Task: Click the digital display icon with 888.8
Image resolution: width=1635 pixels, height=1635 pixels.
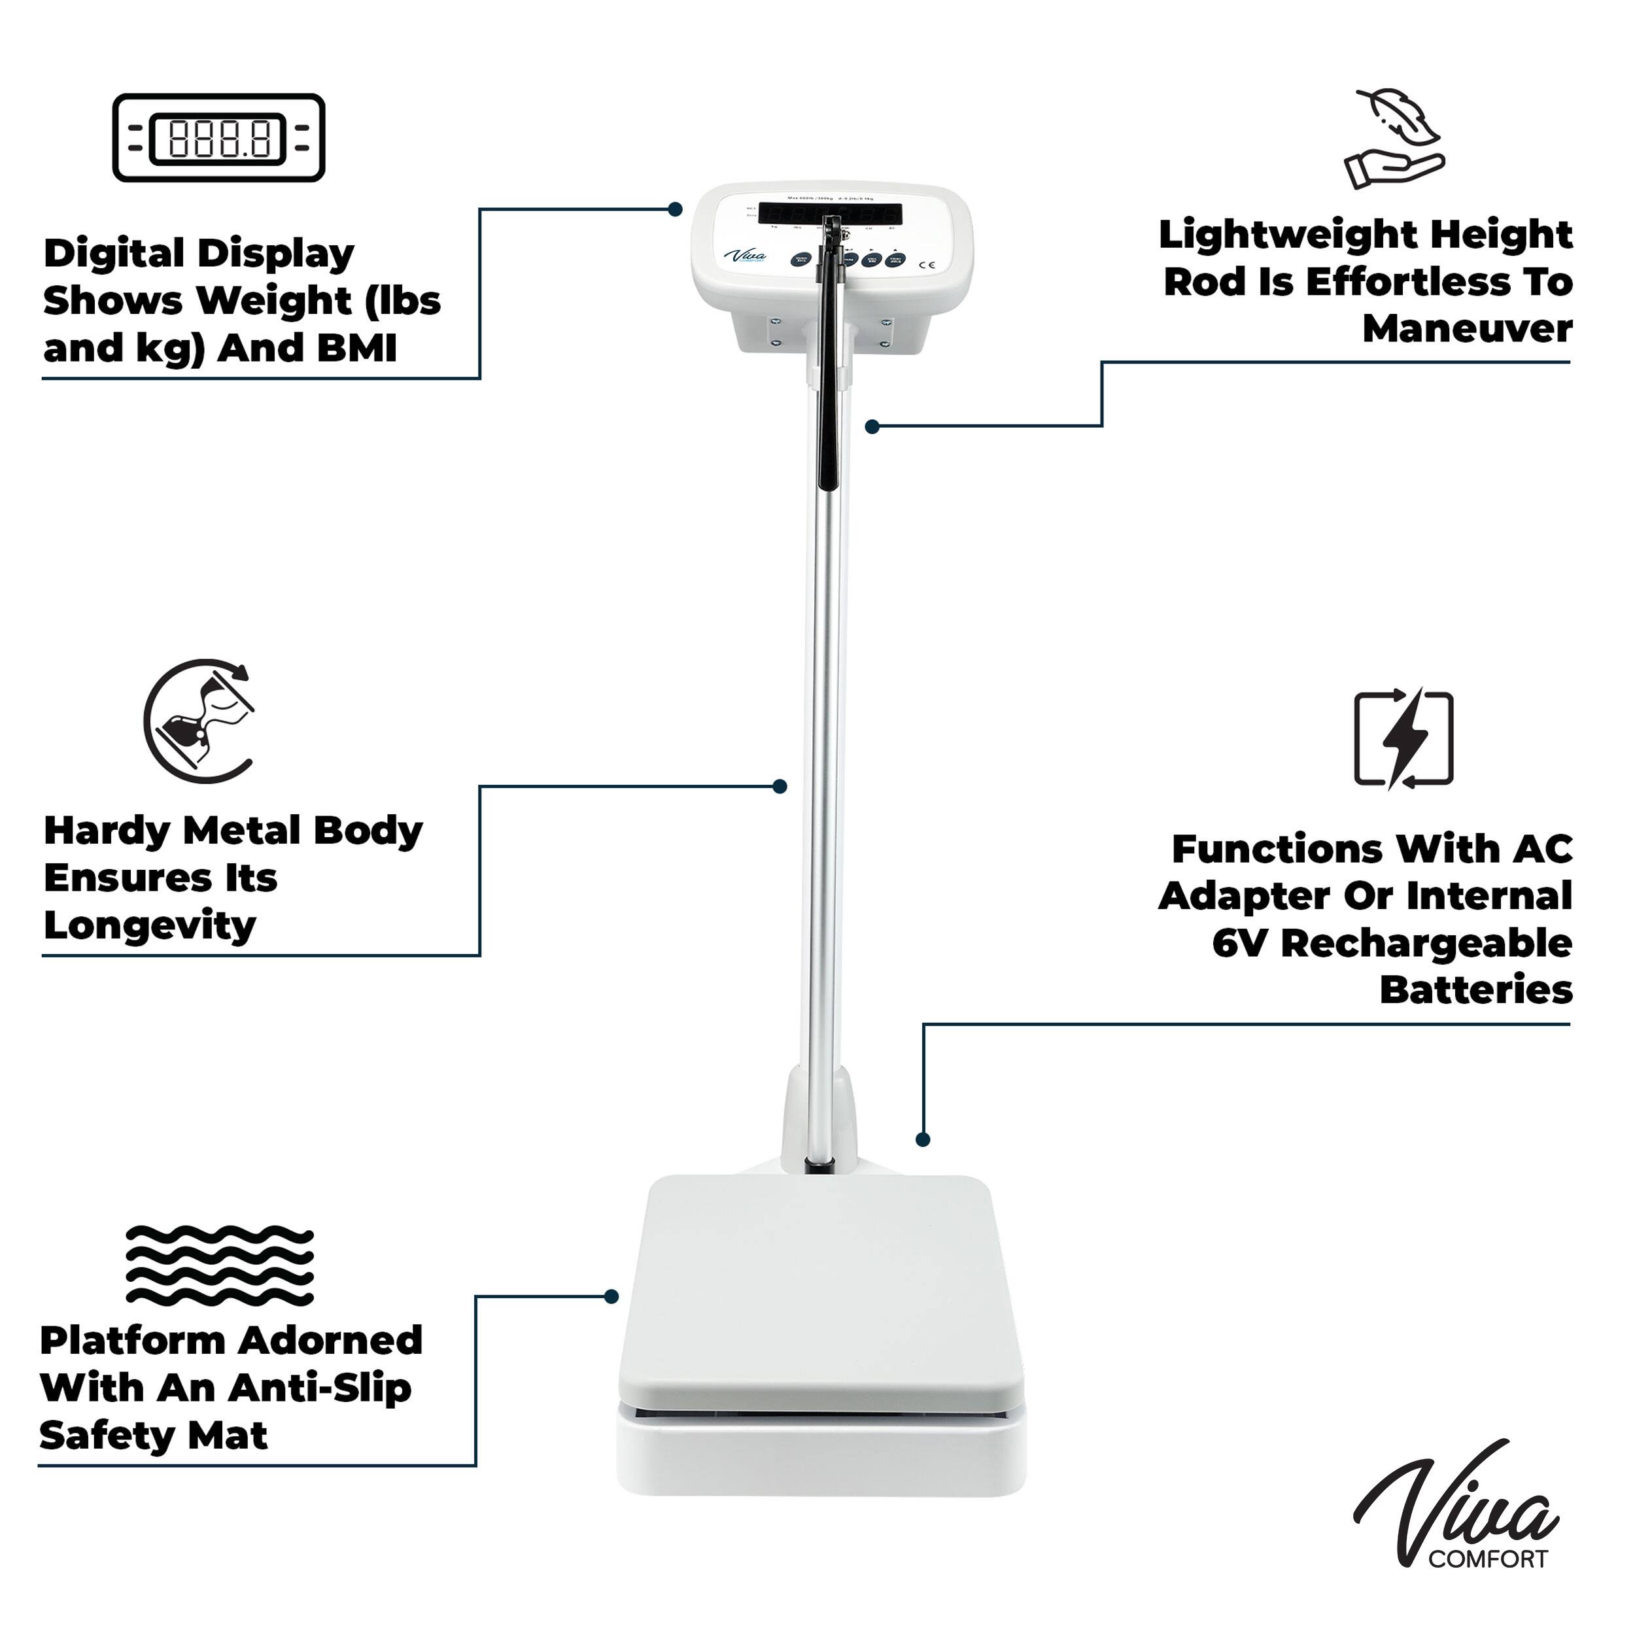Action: click(218, 138)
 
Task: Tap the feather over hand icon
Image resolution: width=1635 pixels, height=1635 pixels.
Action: click(1394, 140)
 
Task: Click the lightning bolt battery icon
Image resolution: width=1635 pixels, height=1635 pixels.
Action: click(1403, 739)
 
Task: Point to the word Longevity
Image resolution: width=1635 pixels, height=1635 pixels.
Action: click(149, 925)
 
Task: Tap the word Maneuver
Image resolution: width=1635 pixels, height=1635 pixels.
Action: click(1466, 328)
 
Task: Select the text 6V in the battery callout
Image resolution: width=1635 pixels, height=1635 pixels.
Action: click(1240, 944)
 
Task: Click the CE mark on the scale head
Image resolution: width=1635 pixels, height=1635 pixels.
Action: click(927, 265)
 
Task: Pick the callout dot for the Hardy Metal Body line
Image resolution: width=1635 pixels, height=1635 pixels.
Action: click(780, 787)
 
